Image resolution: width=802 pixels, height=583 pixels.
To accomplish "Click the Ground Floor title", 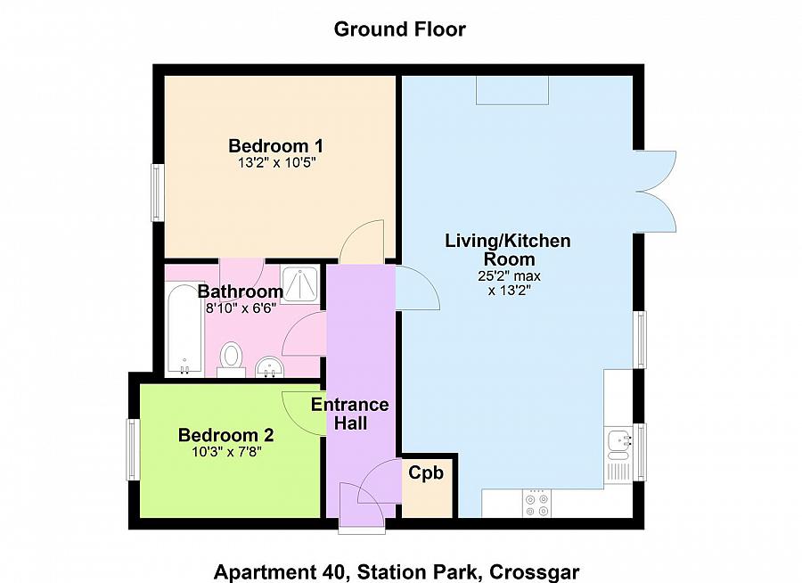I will (399, 29).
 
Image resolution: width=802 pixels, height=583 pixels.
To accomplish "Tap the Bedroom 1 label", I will (275, 145).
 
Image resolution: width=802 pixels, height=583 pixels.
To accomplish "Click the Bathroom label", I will (241, 291).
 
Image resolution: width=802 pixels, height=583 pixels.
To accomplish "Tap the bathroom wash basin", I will (269, 366).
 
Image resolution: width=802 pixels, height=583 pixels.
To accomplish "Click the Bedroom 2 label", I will (225, 435).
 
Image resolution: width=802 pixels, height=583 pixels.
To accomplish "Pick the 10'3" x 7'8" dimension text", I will (225, 452).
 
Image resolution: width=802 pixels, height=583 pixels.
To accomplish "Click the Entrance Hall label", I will (350, 414).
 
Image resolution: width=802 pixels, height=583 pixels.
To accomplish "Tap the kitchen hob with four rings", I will (536, 504).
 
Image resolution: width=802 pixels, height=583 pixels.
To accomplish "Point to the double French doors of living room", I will (658, 189).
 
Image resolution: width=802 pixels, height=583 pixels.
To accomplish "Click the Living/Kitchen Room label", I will (508, 250).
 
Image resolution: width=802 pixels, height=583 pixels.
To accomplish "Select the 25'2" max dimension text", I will (508, 276).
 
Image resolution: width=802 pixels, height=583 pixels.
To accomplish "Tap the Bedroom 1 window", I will (157, 193).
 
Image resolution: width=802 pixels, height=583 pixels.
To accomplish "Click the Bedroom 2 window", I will (132, 450).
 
